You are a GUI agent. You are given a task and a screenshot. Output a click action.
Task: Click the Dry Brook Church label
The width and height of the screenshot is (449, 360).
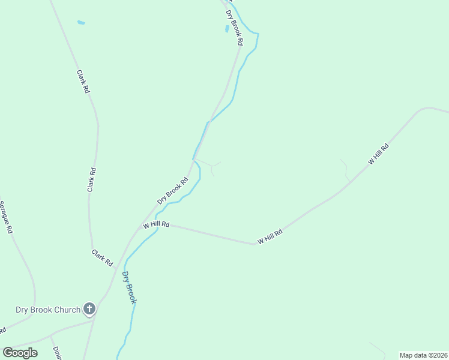click(x=47, y=310)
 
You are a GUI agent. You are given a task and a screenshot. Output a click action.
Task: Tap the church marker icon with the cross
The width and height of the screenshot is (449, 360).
click(x=89, y=310)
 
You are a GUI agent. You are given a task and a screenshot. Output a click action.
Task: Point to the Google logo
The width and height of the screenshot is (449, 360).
click(x=20, y=353)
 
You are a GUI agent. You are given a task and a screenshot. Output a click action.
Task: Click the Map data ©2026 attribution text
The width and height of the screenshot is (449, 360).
click(x=423, y=355)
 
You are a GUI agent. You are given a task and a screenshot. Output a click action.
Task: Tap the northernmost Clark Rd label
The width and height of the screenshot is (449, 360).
click(x=83, y=81)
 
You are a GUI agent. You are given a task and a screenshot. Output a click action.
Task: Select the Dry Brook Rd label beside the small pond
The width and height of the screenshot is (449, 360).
click(x=234, y=28)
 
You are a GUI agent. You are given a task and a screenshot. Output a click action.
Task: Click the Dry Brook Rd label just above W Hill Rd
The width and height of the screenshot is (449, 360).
click(x=173, y=193)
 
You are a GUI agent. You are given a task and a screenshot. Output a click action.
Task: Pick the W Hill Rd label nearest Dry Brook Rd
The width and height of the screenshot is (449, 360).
click(x=156, y=225)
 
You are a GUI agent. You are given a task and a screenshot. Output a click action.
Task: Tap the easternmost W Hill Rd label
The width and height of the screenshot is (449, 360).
click(x=379, y=154)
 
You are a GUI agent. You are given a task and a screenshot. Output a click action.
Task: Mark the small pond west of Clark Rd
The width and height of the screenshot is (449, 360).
click(x=81, y=23)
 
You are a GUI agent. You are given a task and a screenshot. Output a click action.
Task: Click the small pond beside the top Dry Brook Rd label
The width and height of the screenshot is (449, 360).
click(x=227, y=28)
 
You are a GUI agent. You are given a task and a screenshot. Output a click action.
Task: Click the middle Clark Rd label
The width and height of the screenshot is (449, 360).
click(x=92, y=179)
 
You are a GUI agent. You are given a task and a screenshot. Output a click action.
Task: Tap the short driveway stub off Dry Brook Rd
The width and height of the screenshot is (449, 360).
click(x=210, y=164)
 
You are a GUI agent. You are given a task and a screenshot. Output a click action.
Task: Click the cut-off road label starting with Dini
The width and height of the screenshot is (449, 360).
click(x=56, y=352)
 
